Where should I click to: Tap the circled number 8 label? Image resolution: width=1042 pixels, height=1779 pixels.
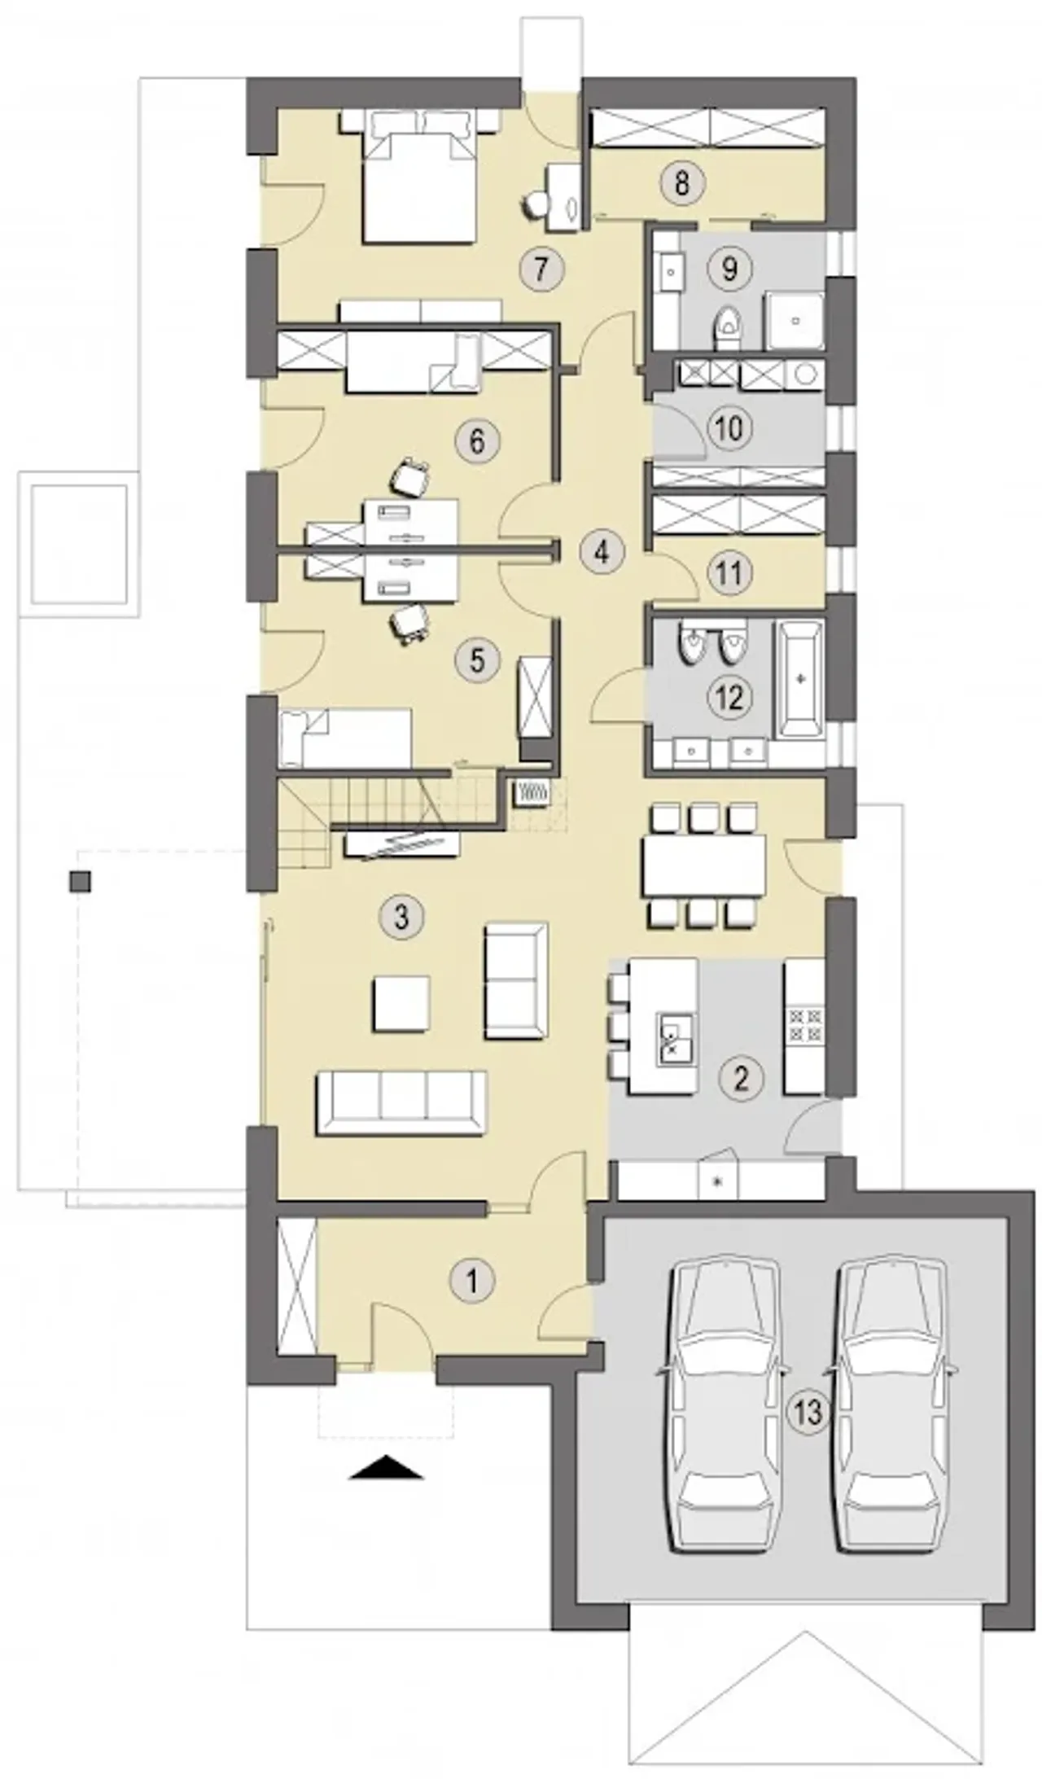[x=681, y=182]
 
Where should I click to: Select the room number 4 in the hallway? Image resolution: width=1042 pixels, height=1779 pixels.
[x=602, y=553]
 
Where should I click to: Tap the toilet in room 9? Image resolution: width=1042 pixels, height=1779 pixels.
[x=727, y=327]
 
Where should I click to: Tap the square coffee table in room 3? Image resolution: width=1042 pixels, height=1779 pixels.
[x=401, y=1004]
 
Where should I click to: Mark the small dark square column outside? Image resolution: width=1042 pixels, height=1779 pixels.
[x=80, y=882]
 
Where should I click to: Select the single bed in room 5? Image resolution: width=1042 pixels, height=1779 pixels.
[x=344, y=738]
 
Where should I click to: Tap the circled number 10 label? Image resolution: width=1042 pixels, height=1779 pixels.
[x=729, y=427]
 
